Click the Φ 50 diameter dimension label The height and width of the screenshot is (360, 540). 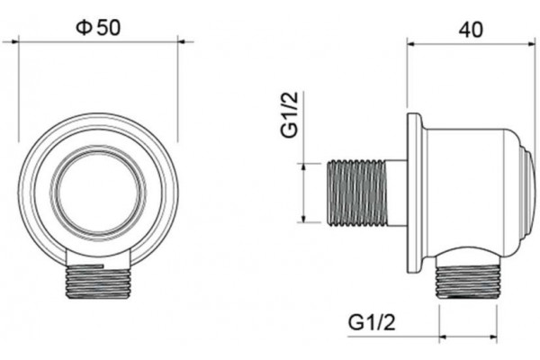click(98, 28)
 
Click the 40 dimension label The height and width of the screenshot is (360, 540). click(471, 30)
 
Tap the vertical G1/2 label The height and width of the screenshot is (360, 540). click(289, 114)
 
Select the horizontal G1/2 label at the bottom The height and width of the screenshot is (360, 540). click(372, 322)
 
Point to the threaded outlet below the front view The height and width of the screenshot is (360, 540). click(98, 282)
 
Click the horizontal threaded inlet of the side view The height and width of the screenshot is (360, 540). click(356, 193)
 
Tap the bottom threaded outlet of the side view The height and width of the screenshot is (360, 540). click(468, 282)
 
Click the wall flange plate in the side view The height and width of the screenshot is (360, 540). click(415, 193)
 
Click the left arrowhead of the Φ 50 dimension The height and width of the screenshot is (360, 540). click(14, 41)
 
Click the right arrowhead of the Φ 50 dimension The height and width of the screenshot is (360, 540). click(182, 41)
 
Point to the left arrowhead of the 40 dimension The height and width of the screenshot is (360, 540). click(411, 44)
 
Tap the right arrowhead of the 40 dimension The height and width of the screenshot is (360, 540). click(530, 44)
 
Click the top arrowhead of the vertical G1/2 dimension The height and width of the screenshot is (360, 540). click(303, 167)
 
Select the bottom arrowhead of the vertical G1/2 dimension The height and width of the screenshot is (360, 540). click(303, 219)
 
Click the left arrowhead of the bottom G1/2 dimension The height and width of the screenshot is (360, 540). click(444, 337)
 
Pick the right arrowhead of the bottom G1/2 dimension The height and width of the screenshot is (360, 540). click(493, 337)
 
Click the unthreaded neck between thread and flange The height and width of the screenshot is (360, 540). click(397, 193)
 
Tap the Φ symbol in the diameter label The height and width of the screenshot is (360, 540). click(84, 28)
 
